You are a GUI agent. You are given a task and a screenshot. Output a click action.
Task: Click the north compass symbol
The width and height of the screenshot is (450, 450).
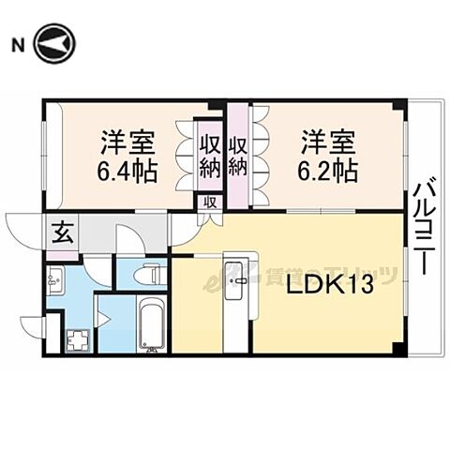tap(55, 43)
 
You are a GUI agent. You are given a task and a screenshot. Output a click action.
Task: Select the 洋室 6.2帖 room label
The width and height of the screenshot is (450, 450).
tap(328, 157)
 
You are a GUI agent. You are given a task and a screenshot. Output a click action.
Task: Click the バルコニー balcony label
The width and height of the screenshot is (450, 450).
tap(423, 231)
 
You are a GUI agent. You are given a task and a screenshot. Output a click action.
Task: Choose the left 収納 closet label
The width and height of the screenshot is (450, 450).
tap(208, 157)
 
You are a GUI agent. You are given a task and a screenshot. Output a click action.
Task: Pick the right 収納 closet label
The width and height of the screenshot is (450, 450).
tap(238, 157)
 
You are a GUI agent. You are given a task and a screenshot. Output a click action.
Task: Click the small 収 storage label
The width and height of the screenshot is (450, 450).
tap(210, 201)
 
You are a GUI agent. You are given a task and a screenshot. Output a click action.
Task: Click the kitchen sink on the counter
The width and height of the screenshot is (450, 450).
tap(238, 277)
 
